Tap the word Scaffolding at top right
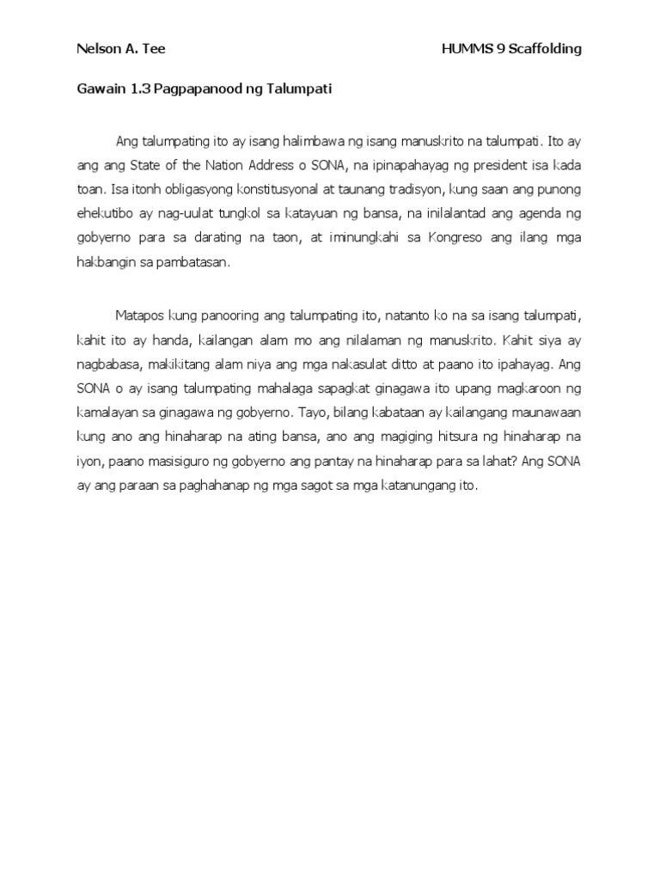[x=545, y=49]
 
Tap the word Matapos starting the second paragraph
[x=140, y=317]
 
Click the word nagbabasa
[x=109, y=359]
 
